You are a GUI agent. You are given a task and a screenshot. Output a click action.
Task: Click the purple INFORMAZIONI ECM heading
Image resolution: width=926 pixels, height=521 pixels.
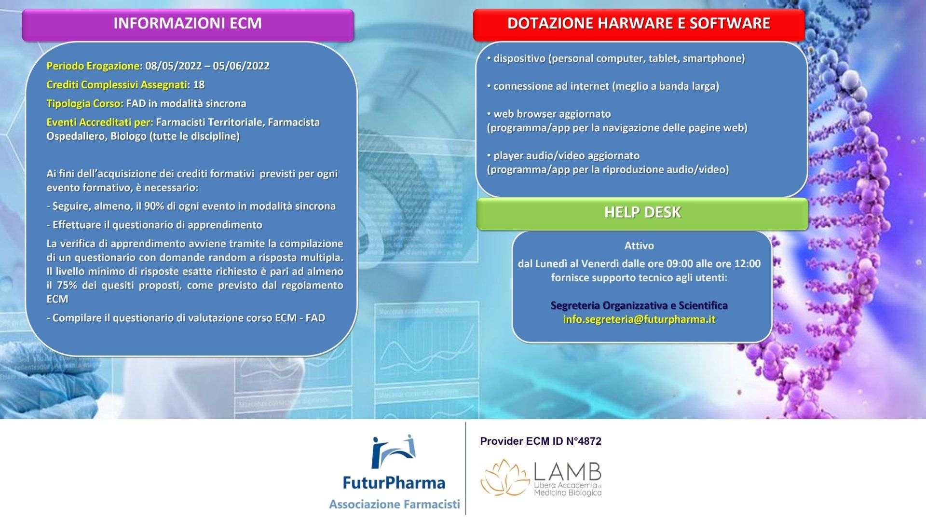188,24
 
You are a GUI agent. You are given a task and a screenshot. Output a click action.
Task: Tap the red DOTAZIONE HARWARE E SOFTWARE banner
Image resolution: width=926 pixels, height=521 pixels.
639,24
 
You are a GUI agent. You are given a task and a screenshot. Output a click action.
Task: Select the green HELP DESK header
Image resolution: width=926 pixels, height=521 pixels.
642,213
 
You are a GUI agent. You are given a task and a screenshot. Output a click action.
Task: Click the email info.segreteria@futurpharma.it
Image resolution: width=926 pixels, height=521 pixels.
639,319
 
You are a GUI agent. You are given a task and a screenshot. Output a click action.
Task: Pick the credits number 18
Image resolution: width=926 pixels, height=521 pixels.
199,85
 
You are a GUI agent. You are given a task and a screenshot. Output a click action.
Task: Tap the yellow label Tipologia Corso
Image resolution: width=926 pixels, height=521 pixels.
85,104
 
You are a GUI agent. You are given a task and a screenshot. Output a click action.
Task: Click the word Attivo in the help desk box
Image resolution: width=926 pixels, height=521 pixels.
639,246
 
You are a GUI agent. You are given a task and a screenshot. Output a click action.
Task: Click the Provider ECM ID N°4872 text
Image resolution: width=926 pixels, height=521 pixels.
541,441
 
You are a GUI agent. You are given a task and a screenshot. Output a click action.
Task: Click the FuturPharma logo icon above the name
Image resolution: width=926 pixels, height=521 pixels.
393,452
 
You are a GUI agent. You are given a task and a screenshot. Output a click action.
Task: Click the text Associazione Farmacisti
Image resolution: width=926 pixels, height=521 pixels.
395,505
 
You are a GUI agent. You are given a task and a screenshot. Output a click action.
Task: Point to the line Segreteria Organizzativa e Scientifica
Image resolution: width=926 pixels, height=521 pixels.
639,306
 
